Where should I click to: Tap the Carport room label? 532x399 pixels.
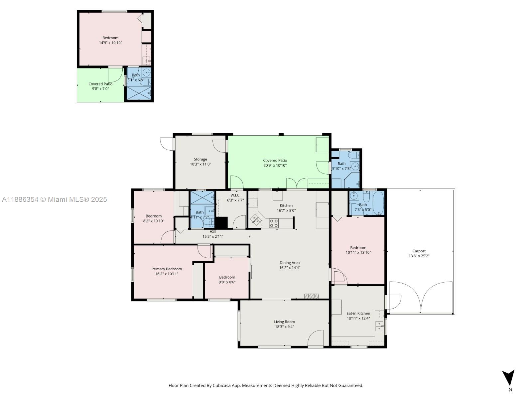click(x=419, y=251)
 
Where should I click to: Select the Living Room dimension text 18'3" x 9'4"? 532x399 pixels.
click(x=284, y=327)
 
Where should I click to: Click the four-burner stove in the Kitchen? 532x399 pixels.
click(x=274, y=223)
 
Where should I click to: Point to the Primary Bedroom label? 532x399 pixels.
click(x=167, y=269)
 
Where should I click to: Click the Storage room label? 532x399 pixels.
click(x=200, y=159)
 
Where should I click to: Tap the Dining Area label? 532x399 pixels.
click(x=289, y=263)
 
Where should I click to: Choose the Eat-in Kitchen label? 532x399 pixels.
click(x=358, y=313)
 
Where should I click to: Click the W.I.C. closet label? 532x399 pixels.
click(x=235, y=195)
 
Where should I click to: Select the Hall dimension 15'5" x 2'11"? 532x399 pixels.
click(x=213, y=236)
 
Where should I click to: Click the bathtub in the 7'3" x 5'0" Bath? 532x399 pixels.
click(x=378, y=203)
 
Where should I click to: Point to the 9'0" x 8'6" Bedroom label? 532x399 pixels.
click(x=227, y=277)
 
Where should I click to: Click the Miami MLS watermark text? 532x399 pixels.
click(x=54, y=199)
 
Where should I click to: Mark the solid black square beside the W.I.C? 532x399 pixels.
click(x=221, y=223)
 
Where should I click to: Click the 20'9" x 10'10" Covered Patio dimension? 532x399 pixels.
click(x=275, y=165)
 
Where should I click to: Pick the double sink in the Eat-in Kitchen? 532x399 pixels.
click(x=379, y=326)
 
